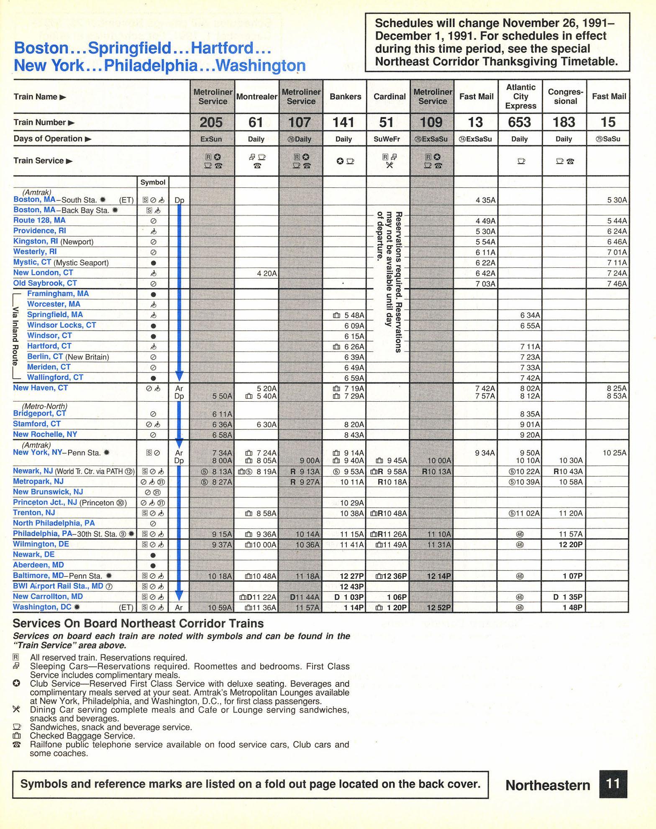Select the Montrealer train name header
[256, 97]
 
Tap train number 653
[520, 122]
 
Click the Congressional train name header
[565, 97]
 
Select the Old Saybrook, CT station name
[45, 283]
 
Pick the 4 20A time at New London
[266, 273]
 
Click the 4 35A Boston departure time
[485, 200]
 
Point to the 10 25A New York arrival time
[615, 453]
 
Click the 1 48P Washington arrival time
[571, 607]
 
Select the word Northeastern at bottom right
[548, 785]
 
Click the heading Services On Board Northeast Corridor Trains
[138, 624]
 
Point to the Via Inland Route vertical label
[16, 336]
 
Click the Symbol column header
[153, 182]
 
